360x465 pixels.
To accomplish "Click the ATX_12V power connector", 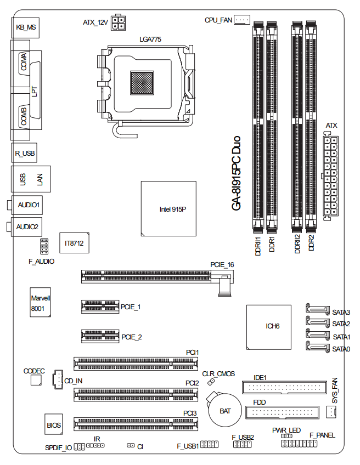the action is [x=118, y=22].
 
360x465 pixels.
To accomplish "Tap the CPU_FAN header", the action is [x=242, y=20].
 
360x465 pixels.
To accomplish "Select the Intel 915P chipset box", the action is [x=168, y=208].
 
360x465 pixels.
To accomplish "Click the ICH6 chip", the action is [x=268, y=327].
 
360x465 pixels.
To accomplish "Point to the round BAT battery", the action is [x=224, y=410].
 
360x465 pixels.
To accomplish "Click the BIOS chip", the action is [x=54, y=424].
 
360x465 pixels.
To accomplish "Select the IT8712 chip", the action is [x=74, y=243].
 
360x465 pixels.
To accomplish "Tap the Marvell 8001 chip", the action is [x=41, y=302].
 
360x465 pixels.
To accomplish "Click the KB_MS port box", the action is [x=25, y=27].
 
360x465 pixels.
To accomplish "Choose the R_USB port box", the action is [x=24, y=153].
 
